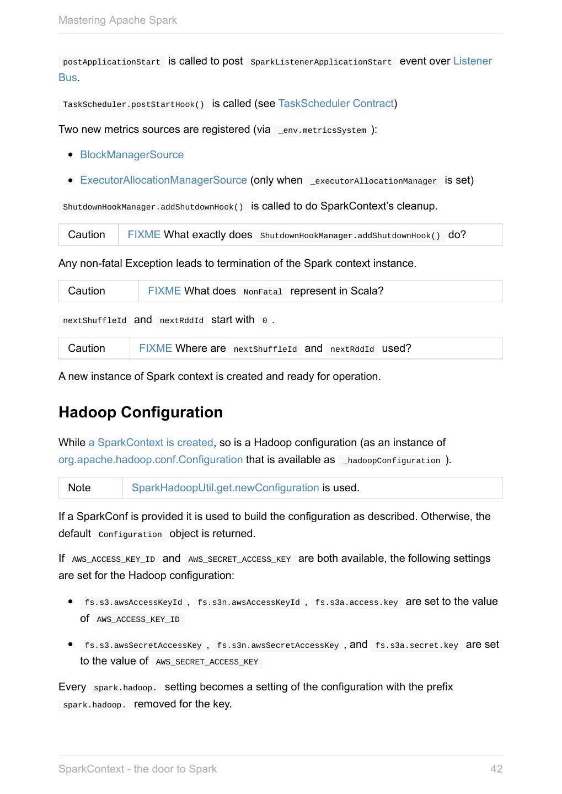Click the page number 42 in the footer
[x=496, y=769]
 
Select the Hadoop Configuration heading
[x=141, y=412]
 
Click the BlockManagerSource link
[x=132, y=155]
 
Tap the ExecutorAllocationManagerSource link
[x=163, y=180]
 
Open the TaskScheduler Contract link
[x=336, y=104]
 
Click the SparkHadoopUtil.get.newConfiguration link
[x=225, y=488]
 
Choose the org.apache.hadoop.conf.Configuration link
[x=151, y=460]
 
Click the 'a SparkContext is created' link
[x=151, y=443]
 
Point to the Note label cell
[x=79, y=488]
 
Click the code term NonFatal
[x=263, y=292]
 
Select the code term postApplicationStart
[x=111, y=62]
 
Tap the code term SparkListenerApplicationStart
[x=321, y=62]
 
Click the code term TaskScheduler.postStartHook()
[x=133, y=104]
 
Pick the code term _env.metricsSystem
[x=322, y=130]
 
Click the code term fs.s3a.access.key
[x=356, y=602]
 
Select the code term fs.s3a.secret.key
[x=416, y=645]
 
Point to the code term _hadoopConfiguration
[x=391, y=460]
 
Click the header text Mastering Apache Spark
[x=117, y=20]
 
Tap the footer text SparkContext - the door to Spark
[x=137, y=769]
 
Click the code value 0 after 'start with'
[x=265, y=320]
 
